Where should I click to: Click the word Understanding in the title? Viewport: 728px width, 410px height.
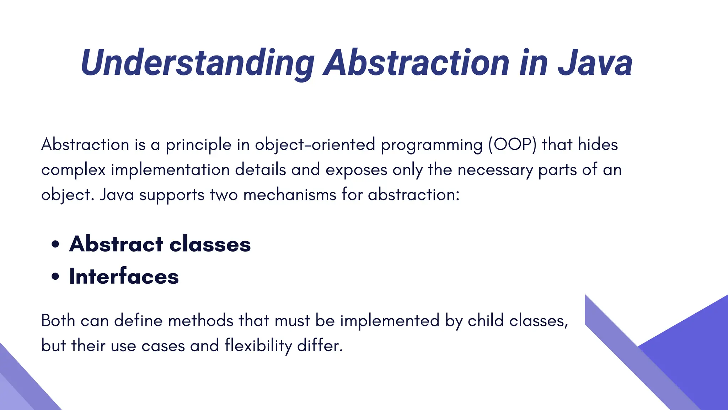(x=197, y=63)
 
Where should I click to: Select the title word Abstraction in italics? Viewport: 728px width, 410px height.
(x=418, y=63)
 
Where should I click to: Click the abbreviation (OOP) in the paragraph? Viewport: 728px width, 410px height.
(x=512, y=144)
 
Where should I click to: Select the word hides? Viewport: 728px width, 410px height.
(x=598, y=144)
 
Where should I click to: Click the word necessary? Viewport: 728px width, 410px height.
(x=495, y=170)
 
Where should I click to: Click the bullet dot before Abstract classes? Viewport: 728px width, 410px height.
(x=55, y=245)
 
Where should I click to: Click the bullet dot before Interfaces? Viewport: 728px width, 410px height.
(x=55, y=277)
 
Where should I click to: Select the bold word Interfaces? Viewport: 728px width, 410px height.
(x=124, y=277)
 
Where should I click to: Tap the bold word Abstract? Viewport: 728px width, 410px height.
(x=116, y=244)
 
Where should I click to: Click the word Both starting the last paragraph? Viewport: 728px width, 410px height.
(x=58, y=320)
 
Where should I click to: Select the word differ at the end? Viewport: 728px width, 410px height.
(x=320, y=346)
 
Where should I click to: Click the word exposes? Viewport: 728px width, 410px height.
(x=356, y=170)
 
